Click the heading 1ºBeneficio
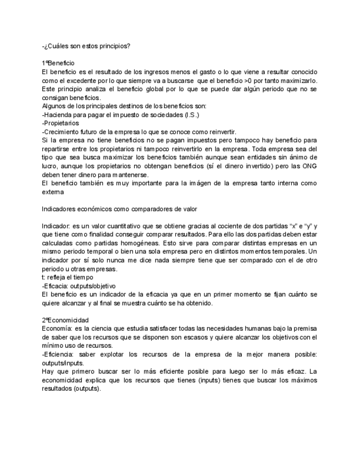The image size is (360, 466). point(58,63)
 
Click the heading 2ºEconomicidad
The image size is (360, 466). point(65,320)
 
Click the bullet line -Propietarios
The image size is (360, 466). point(60,123)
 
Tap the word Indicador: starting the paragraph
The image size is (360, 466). point(56,226)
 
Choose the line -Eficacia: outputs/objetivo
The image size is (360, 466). point(79,286)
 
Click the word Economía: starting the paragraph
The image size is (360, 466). point(57,329)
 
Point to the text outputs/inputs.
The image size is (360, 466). point(64,363)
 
